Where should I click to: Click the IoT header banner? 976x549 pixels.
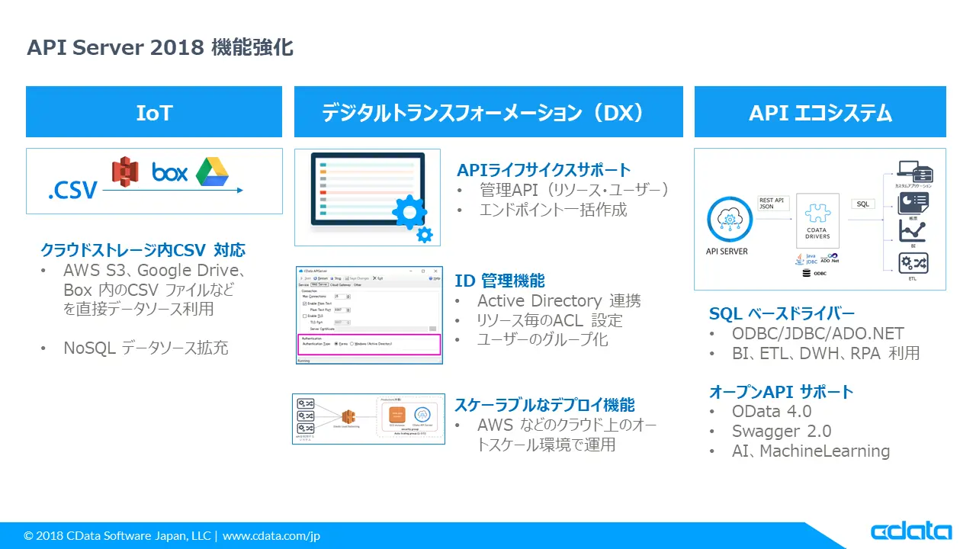(154, 112)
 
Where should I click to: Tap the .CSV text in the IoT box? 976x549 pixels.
(72, 188)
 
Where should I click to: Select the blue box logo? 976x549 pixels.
(169, 172)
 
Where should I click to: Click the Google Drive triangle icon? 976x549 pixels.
(212, 172)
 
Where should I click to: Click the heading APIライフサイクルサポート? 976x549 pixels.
(544, 169)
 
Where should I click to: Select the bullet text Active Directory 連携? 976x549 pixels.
(559, 300)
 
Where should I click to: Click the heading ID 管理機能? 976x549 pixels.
(499, 280)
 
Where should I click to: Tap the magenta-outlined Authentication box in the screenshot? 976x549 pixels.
(368, 343)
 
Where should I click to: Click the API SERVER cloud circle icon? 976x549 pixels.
(730, 220)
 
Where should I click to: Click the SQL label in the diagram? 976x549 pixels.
(862, 204)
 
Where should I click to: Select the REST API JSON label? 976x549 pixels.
(771, 203)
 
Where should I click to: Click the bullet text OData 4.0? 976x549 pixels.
(772, 411)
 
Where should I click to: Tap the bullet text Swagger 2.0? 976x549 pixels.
(782, 431)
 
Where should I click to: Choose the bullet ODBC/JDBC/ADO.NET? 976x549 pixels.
(817, 333)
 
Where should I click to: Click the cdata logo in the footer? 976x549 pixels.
(910, 532)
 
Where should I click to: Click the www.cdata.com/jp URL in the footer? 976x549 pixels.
(271, 536)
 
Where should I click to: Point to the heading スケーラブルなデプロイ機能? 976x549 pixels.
(544, 404)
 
